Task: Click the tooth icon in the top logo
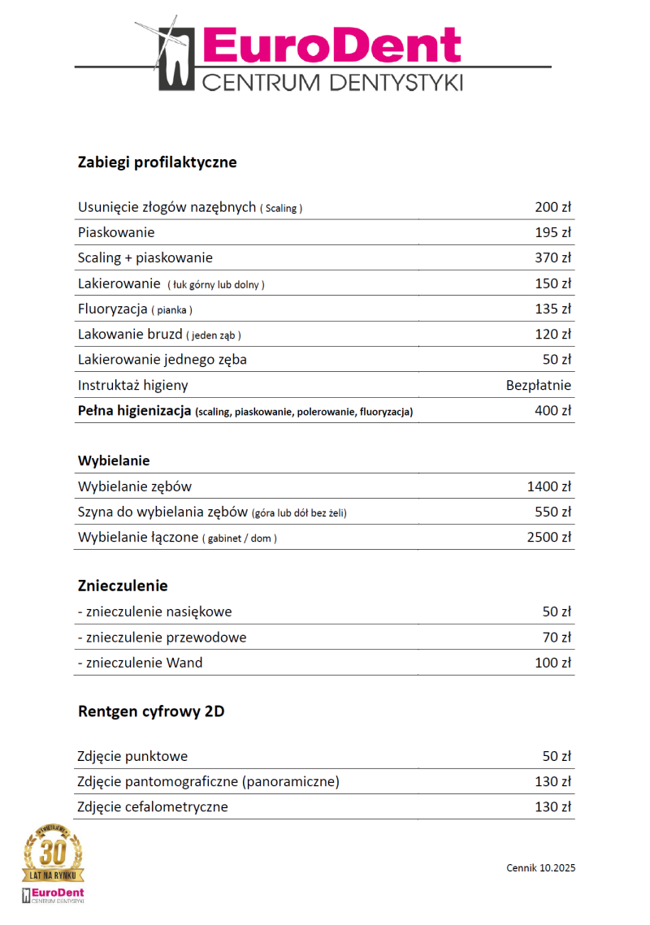point(174,57)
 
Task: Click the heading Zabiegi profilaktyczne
point(157,162)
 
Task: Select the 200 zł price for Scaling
point(552,207)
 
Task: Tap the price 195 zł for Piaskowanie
point(552,232)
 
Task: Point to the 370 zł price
point(552,257)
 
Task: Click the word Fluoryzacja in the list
point(112,309)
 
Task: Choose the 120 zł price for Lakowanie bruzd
point(552,334)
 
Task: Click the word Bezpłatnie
point(538,385)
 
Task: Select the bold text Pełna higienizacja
point(134,410)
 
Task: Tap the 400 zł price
point(552,410)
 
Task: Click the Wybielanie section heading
point(114,460)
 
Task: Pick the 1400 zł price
point(548,486)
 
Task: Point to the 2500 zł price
point(548,537)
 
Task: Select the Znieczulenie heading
point(123,586)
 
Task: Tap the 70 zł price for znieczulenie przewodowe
point(557,637)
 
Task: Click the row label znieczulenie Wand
point(140,663)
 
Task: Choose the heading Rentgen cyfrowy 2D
point(151,712)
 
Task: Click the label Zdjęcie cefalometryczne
point(153,807)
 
